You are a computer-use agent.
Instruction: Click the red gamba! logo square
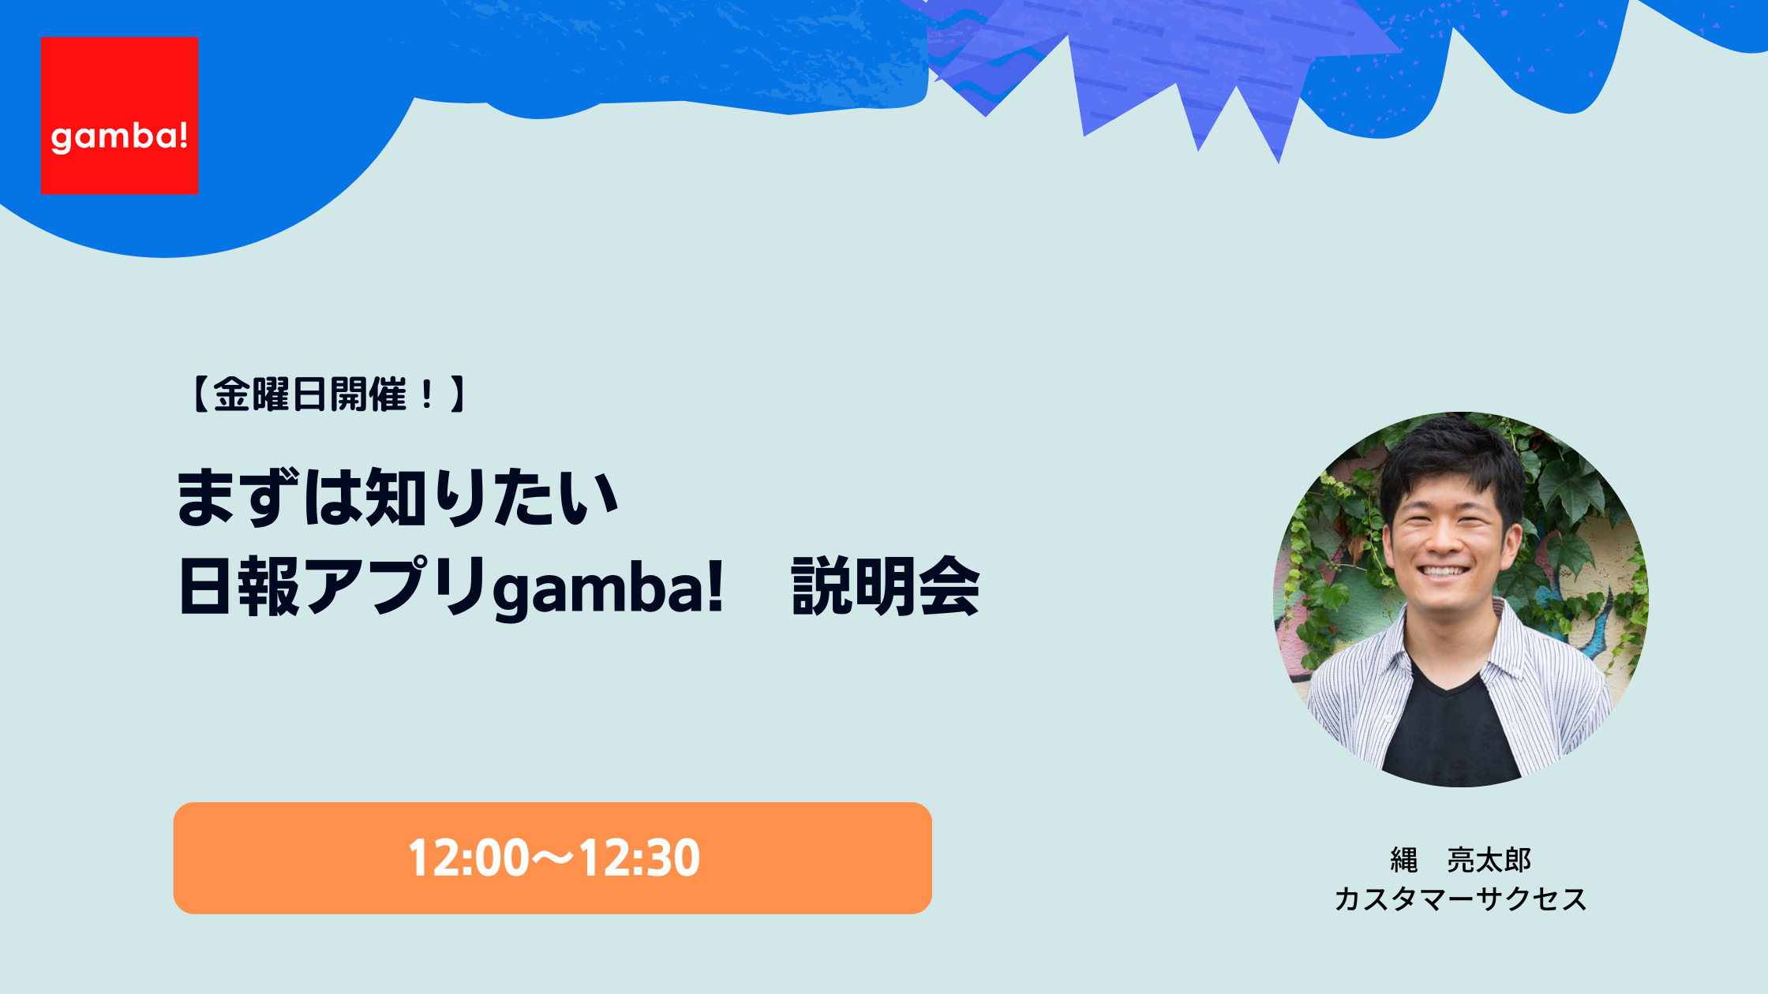tap(119, 116)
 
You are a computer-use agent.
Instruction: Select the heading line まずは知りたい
tap(397, 497)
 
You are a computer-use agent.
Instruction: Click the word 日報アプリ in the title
tap(332, 586)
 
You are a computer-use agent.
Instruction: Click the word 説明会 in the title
tap(886, 586)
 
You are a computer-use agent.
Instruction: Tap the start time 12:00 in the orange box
tap(469, 858)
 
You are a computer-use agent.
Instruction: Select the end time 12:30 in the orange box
tap(639, 858)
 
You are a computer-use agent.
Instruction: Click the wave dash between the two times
tap(554, 858)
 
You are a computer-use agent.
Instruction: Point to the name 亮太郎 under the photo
tap(1489, 860)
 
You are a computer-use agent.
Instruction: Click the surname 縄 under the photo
tap(1404, 860)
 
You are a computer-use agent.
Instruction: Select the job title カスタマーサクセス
tap(1460, 899)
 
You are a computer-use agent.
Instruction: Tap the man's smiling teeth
tap(1442, 571)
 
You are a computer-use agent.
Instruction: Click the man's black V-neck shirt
tap(1451, 730)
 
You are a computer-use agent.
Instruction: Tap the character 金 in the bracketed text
tap(232, 394)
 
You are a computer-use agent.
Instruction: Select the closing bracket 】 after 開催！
tap(459, 394)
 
